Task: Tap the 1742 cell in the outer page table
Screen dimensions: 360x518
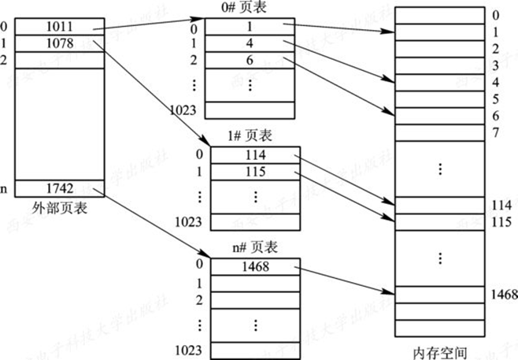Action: coord(60,189)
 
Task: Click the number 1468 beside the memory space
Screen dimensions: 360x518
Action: coord(502,295)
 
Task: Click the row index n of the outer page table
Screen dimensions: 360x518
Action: coord(6,189)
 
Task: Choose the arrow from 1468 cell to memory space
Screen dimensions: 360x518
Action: coord(346,279)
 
